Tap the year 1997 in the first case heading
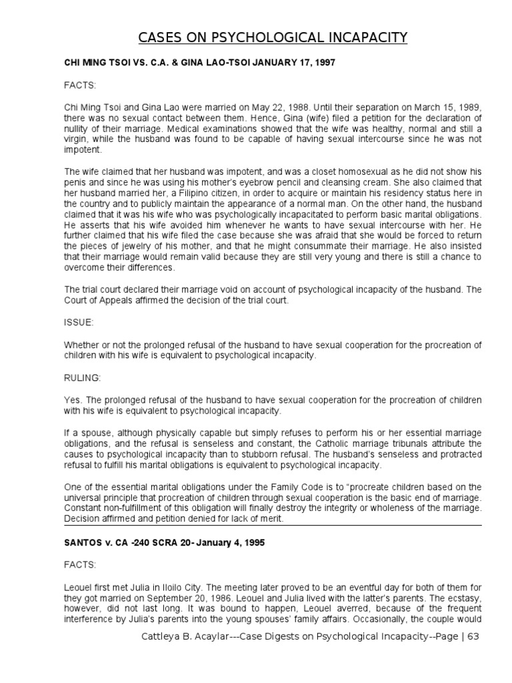click(323, 62)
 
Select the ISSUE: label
click(79, 321)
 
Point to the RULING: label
click(82, 378)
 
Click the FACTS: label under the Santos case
click(80, 564)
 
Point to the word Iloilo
click(184, 587)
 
